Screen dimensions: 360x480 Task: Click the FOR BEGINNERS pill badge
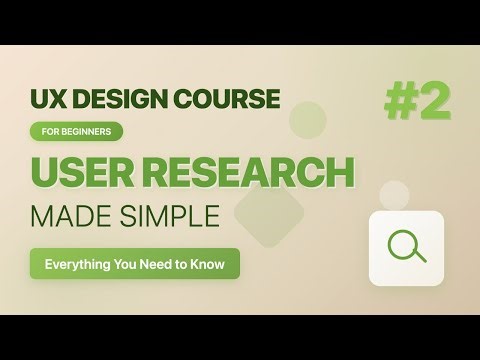(77, 131)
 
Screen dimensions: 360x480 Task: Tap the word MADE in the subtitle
(73, 215)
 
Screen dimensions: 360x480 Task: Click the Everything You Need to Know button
(135, 264)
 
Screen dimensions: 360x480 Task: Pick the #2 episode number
(417, 102)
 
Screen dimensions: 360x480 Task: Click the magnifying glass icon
(406, 246)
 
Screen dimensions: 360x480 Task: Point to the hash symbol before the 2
(400, 102)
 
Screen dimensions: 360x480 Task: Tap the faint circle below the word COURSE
(308, 121)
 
